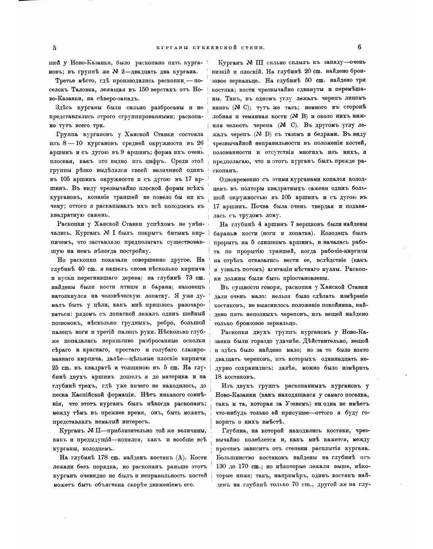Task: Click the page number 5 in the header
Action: [x=55, y=48]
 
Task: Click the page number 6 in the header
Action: [x=359, y=47]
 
